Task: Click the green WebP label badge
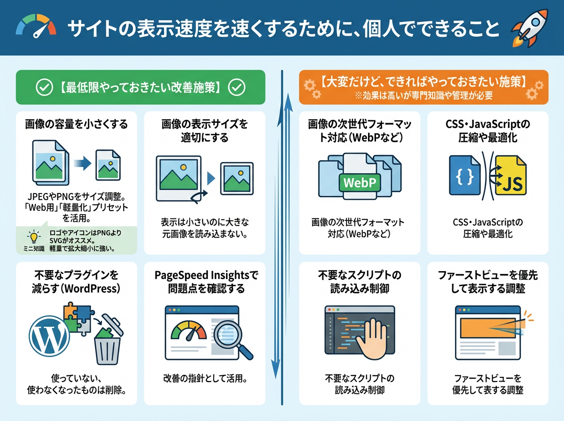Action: tap(360, 182)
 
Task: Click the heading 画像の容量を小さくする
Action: tap(77, 125)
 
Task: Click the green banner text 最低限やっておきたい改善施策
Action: tap(141, 87)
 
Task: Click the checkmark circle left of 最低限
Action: tap(44, 87)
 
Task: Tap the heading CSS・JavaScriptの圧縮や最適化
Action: tap(487, 131)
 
